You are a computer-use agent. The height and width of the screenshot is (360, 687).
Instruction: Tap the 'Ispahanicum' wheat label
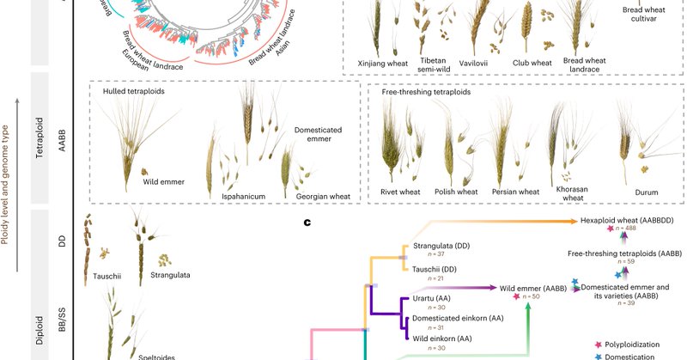(238, 197)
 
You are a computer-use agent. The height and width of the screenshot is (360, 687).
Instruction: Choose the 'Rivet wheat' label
(404, 191)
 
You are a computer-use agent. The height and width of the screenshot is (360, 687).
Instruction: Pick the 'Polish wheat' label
(455, 191)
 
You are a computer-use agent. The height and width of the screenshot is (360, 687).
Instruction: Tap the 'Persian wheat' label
(515, 191)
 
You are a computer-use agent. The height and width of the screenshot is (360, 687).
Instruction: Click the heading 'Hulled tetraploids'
(134, 90)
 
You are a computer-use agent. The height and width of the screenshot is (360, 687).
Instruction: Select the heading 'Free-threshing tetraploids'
(427, 91)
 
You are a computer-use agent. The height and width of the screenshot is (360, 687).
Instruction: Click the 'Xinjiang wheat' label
(385, 62)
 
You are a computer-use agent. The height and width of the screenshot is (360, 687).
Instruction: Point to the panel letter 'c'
(307, 224)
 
